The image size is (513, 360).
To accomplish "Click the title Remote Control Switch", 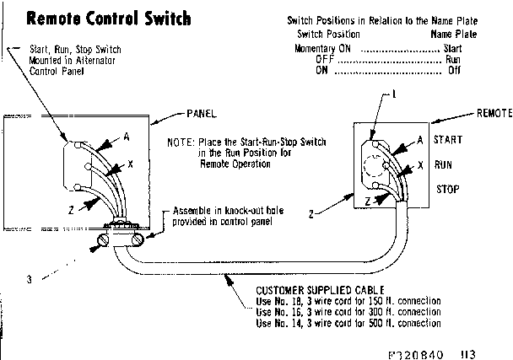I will point(109,18).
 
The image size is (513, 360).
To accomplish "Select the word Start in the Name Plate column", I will point(452,48).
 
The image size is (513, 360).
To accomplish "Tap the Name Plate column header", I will point(453,35).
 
